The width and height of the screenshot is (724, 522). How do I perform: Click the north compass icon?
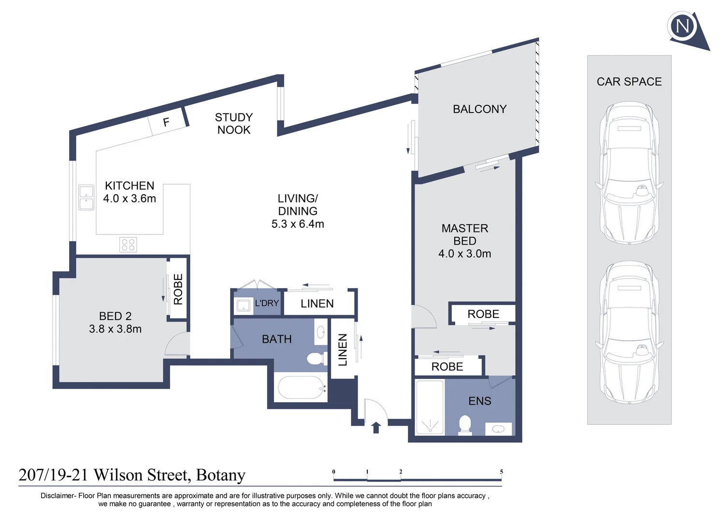683,26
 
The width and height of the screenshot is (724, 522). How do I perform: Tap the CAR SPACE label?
629,82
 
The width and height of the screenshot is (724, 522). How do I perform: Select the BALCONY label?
479,109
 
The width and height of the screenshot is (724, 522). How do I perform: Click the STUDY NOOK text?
234,124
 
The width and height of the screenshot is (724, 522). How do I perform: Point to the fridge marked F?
167,122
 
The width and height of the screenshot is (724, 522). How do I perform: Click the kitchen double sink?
87,198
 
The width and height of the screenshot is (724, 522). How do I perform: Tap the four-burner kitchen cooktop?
128,245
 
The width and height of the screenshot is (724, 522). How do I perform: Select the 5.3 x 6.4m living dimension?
298,224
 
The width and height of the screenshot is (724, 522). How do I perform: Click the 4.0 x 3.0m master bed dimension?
464,254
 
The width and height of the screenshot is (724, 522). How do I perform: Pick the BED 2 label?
115,316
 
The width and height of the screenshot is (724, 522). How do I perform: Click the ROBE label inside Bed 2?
178,289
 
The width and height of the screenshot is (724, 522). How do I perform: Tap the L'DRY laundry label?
267,304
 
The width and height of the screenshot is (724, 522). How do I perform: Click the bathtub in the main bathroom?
300,388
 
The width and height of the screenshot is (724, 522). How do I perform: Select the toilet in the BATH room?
316,359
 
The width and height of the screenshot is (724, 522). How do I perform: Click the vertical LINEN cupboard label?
343,350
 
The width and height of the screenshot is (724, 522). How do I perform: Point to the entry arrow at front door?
376,427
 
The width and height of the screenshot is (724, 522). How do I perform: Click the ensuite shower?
430,407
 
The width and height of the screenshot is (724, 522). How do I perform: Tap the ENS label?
479,401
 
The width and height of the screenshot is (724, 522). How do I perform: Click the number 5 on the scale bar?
501,472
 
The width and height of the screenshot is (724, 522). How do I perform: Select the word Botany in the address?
221,475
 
